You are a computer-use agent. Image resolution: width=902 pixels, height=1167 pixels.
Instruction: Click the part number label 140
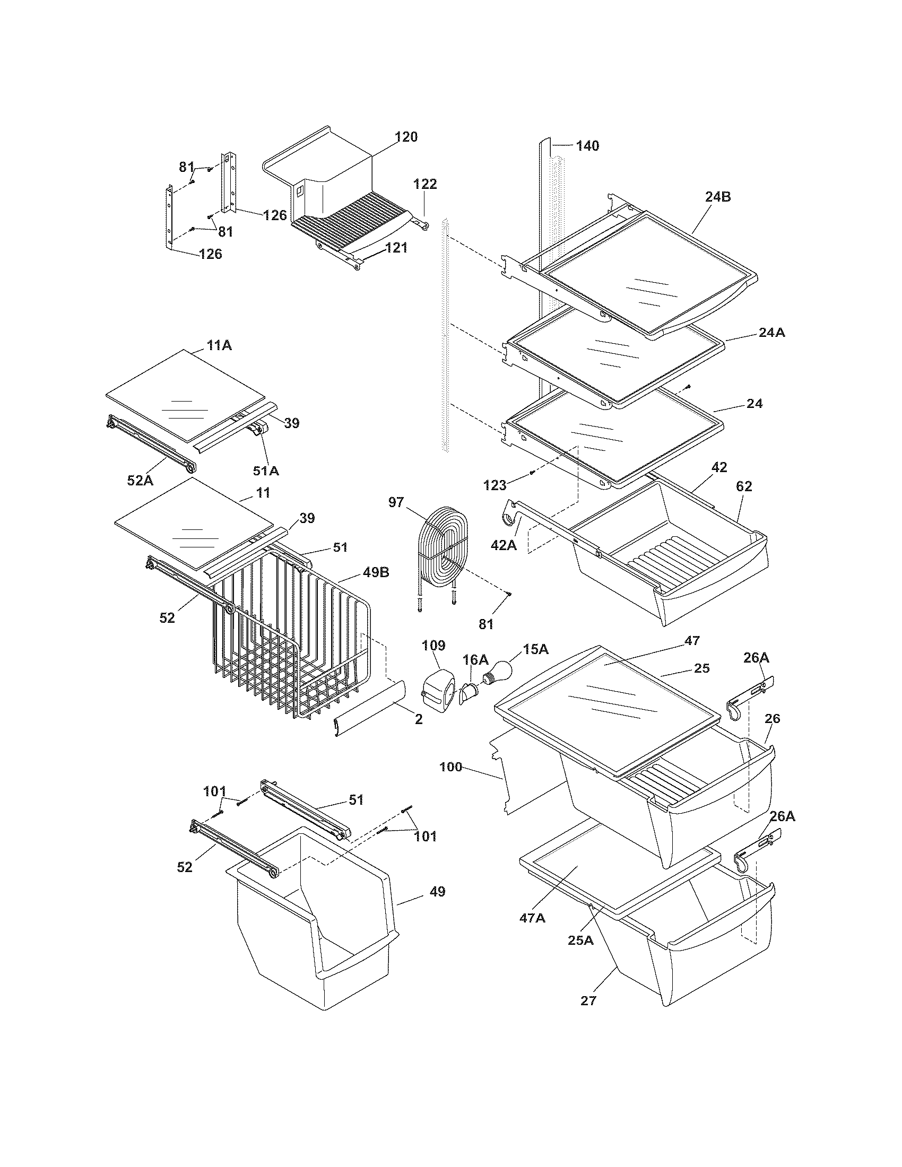click(587, 145)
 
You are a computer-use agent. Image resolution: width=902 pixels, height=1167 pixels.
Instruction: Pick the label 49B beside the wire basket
click(376, 572)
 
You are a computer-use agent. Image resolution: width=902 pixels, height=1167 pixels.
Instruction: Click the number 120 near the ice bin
click(405, 137)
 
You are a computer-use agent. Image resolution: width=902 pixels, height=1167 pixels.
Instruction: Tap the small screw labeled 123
click(531, 471)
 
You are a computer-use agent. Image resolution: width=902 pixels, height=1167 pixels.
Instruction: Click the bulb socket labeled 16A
click(467, 692)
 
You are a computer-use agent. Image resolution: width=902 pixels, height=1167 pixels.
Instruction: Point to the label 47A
click(532, 918)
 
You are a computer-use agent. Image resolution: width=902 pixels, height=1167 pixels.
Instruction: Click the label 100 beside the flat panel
click(450, 768)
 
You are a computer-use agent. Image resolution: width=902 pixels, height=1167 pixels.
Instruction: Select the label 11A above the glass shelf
click(219, 345)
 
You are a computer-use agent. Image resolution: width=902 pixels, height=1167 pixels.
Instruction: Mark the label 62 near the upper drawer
click(743, 486)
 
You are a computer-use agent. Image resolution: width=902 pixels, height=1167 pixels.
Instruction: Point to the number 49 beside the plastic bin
click(437, 891)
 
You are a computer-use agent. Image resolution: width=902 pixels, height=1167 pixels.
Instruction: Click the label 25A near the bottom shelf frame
click(580, 940)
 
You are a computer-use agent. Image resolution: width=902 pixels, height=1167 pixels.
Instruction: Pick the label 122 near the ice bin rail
click(425, 185)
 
